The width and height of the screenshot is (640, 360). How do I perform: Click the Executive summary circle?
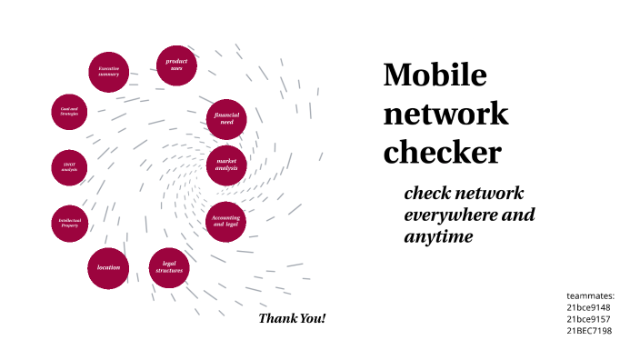[x=109, y=71]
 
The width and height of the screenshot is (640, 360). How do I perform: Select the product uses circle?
[x=176, y=65]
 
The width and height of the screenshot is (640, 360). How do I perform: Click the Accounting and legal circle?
[x=225, y=221]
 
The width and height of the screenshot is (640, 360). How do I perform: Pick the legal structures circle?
[x=169, y=267]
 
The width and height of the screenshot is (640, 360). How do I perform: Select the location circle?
[x=108, y=267]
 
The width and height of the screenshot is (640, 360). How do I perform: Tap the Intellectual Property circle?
[x=70, y=222]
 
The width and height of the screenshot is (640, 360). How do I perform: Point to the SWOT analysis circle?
[x=70, y=168]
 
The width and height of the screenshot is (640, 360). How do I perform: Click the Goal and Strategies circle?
[x=69, y=111]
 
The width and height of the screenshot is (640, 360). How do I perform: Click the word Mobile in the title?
[x=435, y=75]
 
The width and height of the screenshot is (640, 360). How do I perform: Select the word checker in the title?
[x=442, y=152]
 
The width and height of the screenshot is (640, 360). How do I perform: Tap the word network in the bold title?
[x=445, y=115]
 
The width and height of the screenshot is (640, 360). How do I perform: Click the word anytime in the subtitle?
[x=439, y=236]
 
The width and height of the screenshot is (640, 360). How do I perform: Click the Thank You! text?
[x=292, y=318]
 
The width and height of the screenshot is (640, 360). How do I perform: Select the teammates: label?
[x=591, y=295]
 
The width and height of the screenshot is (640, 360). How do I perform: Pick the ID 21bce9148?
[x=588, y=307]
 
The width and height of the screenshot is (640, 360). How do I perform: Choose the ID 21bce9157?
[x=588, y=319]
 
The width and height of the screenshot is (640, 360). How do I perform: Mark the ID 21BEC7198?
[x=589, y=331]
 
